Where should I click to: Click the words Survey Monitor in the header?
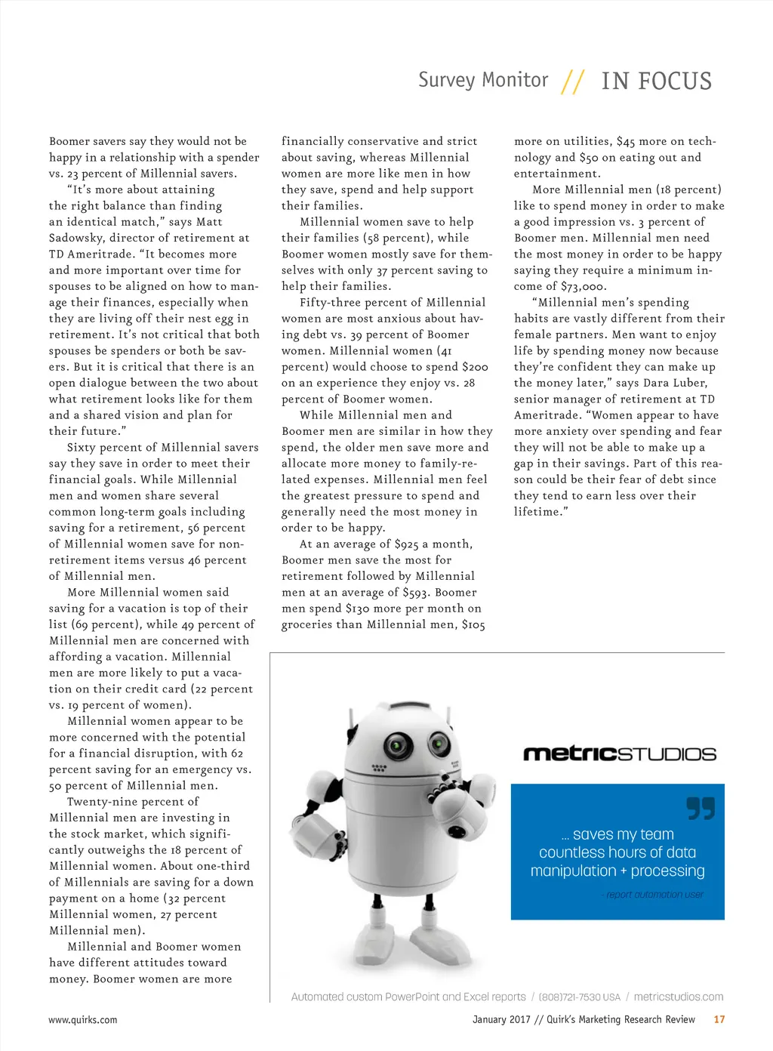(483, 80)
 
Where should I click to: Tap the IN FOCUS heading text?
(656, 81)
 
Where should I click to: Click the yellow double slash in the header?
(573, 82)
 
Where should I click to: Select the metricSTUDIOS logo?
(619, 754)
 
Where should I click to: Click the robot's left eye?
(397, 747)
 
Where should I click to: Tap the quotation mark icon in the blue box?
(700, 808)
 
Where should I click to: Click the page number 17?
(719, 1019)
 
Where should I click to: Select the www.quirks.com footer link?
(83, 1019)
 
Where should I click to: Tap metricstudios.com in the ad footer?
(678, 997)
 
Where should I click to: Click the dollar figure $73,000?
(583, 287)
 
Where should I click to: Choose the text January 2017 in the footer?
(501, 1019)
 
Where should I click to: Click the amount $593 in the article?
(416, 593)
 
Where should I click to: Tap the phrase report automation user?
(654, 895)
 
